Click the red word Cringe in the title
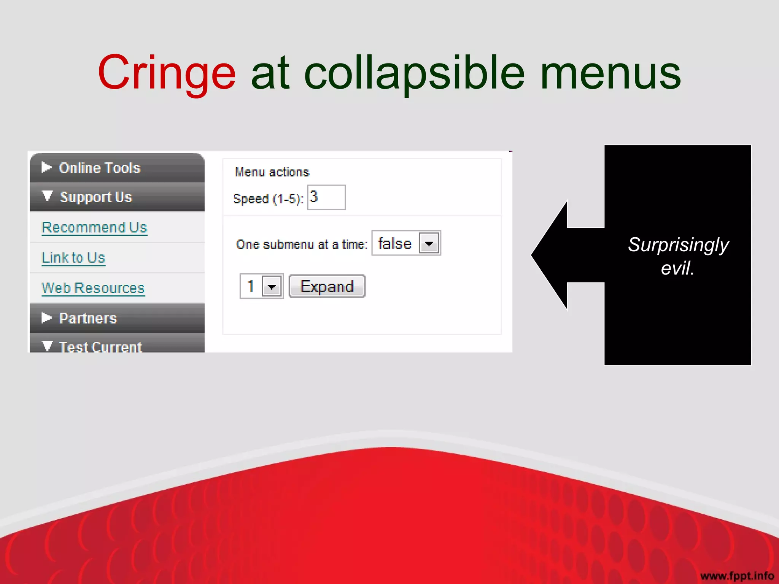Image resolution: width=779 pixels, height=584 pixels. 167,73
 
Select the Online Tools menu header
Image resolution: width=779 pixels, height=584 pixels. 100,168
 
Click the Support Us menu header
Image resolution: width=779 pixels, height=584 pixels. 96,197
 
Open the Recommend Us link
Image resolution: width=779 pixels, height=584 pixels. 94,227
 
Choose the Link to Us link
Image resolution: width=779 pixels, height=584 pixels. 73,258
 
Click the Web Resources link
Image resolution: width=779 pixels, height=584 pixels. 93,288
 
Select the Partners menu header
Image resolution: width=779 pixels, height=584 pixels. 88,318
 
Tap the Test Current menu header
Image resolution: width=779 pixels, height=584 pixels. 100,346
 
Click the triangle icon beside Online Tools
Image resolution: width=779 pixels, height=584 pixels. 46,167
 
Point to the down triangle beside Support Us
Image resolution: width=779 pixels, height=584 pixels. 47,196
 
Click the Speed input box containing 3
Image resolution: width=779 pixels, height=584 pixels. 326,197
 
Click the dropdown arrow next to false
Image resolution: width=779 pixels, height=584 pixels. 429,243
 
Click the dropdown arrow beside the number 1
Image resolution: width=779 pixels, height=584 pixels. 272,287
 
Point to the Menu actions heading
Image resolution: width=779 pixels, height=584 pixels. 272,172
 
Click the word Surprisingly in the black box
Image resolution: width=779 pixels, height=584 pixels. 678,245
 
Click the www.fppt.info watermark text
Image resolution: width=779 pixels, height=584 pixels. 737,576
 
